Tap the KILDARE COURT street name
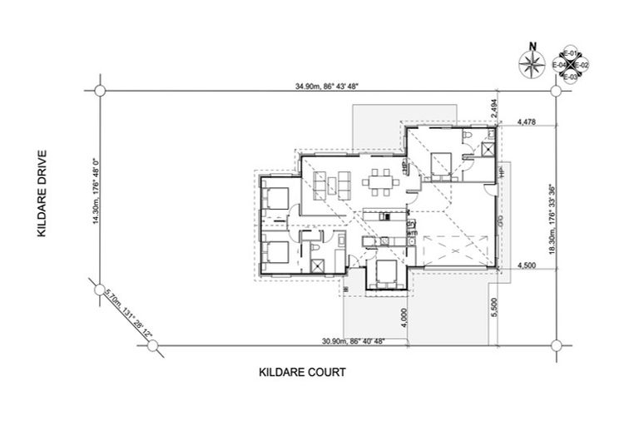[301, 372]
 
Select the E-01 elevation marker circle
[570, 52]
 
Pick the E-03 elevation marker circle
[570, 76]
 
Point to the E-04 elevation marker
[559, 64]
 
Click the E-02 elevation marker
[582, 64]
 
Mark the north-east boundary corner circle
[557, 90]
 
